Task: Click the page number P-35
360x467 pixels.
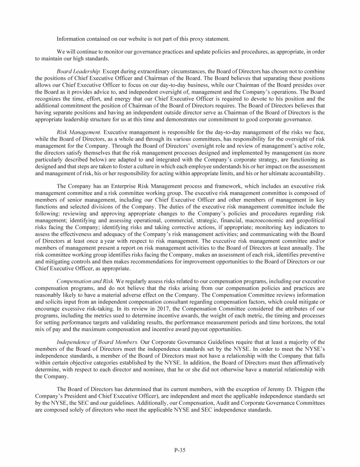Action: [x=180, y=450]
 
